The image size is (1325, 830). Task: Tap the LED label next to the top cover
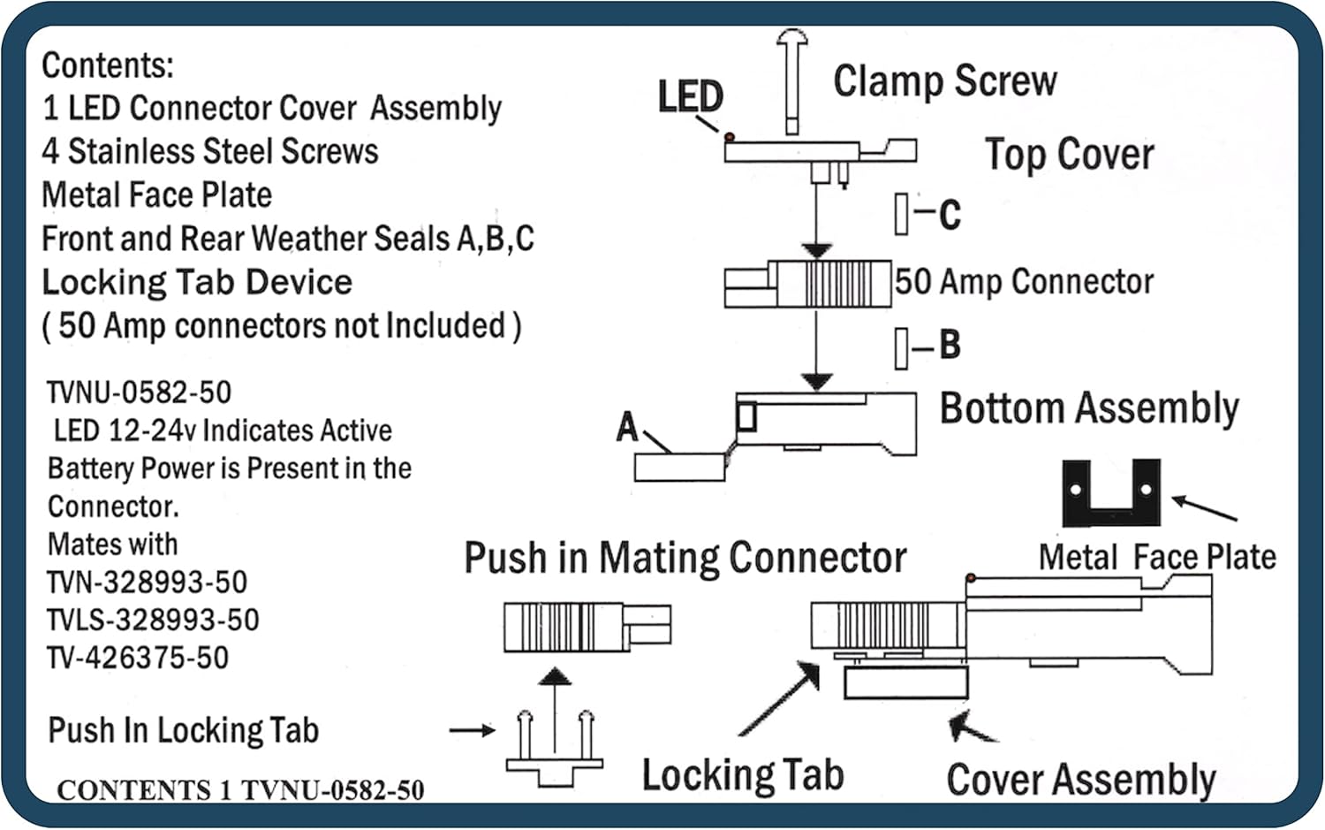point(690,96)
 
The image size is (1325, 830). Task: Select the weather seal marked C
point(901,214)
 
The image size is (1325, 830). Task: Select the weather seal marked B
point(901,347)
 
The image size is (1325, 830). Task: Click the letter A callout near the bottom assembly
point(627,426)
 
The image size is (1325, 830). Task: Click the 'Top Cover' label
point(1069,155)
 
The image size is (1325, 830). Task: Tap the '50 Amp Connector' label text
point(1024,282)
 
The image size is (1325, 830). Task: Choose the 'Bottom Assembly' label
point(1088,409)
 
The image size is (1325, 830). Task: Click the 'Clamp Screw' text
point(944,81)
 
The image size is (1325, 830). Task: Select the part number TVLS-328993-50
point(153,620)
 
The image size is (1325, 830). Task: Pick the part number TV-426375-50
point(138,658)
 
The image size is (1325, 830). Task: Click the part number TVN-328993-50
point(147,582)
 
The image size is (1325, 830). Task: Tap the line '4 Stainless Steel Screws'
point(210,151)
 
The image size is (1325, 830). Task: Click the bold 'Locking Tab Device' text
point(197,282)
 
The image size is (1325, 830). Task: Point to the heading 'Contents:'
point(108,65)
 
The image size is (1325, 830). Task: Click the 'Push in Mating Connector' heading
point(685,558)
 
